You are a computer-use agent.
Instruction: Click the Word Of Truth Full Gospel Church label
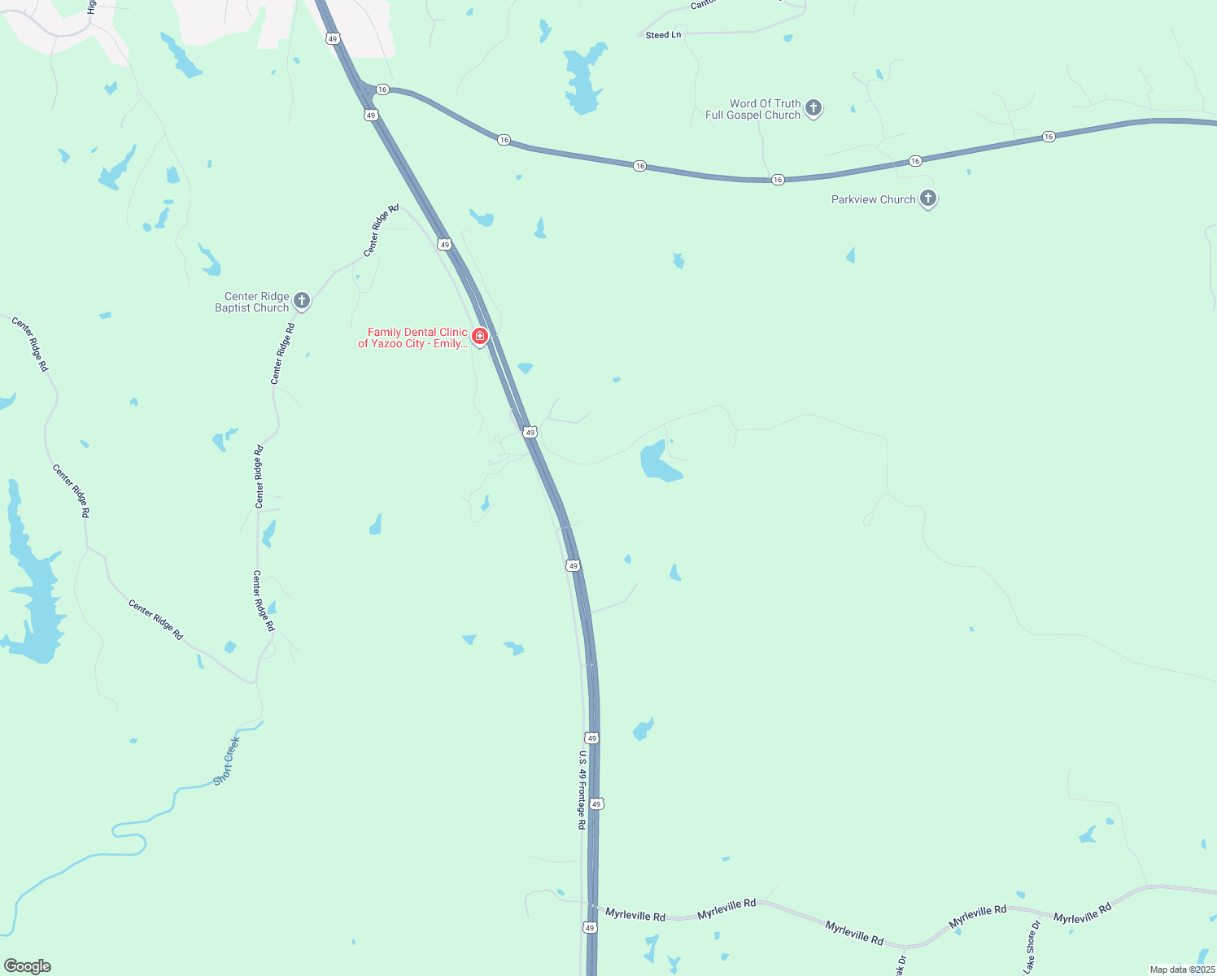[752, 110]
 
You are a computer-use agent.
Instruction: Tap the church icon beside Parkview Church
[927, 198]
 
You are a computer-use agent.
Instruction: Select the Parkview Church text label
[873, 199]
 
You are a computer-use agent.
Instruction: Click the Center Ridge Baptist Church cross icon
[301, 301]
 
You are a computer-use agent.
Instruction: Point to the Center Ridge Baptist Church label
[252, 303]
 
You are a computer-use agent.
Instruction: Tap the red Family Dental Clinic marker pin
[480, 336]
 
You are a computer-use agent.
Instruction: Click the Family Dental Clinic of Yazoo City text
[413, 338]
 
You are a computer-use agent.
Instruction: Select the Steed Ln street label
[663, 35]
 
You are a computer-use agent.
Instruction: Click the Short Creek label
[226, 761]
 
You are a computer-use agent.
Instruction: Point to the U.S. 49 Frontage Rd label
[582, 789]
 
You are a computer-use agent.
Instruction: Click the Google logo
[28, 966]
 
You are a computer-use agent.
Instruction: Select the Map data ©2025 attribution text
[1181, 969]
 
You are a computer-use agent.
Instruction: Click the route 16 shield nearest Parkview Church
[915, 161]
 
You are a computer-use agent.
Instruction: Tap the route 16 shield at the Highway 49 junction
[382, 89]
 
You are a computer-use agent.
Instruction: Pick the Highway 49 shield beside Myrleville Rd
[590, 927]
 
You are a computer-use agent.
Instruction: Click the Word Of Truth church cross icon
[813, 107]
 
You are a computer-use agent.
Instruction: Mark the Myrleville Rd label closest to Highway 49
[635, 915]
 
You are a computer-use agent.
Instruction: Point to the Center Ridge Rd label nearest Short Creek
[155, 620]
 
